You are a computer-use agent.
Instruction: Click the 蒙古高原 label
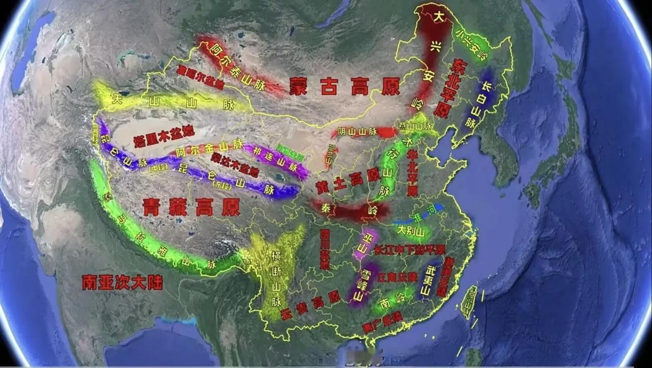click(344, 87)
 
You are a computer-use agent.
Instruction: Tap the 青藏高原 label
click(191, 207)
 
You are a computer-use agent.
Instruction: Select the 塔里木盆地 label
click(164, 136)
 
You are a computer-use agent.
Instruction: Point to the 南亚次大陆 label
click(122, 282)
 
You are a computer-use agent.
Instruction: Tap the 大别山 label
click(411, 231)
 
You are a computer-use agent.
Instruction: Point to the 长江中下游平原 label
click(410, 250)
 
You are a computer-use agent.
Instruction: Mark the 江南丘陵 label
click(397, 277)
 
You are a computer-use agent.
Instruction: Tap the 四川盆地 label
click(325, 249)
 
